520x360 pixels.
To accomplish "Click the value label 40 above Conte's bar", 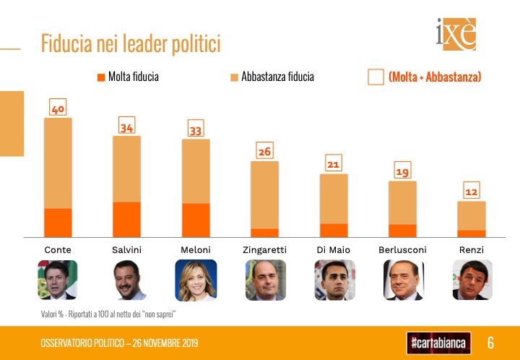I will (x=58, y=109).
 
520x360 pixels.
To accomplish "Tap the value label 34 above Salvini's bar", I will (x=127, y=128).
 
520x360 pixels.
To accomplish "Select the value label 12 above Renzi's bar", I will (x=471, y=193).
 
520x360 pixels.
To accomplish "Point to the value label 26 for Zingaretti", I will (x=265, y=153).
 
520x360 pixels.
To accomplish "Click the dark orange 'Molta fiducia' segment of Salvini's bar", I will (x=127, y=219).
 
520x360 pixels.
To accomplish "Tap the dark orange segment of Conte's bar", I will (x=58, y=222).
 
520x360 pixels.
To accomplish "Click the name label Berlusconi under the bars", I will (x=402, y=249).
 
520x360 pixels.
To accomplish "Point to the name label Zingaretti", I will (x=264, y=249).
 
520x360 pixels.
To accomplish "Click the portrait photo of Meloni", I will (x=196, y=280).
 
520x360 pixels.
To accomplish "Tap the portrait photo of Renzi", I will (x=472, y=280).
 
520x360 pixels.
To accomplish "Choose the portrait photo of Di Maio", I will (x=334, y=280).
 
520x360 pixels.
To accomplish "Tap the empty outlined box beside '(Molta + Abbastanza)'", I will (x=376, y=77).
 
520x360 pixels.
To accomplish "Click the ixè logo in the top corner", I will (x=456, y=35).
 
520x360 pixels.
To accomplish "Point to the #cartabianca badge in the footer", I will (x=438, y=342).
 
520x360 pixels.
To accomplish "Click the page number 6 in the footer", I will (x=490, y=342).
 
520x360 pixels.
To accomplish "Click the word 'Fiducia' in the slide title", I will (x=66, y=44).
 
